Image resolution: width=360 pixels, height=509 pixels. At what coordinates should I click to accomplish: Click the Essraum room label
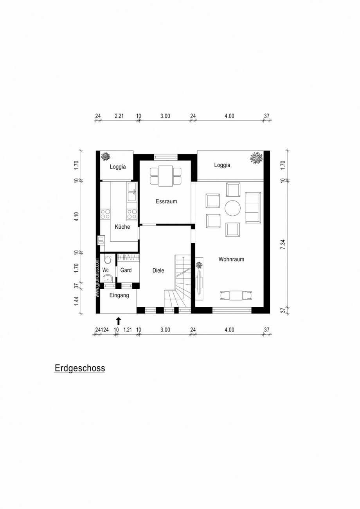166,202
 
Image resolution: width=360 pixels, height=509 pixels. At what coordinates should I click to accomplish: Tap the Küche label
122,227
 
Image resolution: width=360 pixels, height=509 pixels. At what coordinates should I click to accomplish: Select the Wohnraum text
231,259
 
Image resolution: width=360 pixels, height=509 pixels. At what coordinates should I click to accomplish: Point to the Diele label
158,270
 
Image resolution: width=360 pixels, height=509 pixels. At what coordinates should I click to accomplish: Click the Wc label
105,270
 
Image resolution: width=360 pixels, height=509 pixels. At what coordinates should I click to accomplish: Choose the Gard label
126,270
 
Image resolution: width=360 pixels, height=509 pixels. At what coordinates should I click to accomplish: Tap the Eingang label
119,296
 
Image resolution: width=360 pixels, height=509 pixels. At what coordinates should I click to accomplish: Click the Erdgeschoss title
80,368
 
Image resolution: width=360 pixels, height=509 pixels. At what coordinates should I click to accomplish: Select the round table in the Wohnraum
233,208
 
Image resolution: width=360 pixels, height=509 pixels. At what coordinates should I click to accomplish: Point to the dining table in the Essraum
166,176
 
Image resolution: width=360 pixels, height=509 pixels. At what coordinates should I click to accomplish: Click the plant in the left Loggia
106,157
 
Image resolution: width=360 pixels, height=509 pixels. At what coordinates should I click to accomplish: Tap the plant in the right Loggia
256,158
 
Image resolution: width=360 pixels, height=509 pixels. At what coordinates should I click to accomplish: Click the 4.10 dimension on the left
77,217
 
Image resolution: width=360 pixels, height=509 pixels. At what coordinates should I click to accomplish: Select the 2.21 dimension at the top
119,116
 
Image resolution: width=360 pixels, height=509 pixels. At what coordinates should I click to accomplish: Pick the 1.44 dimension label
77,301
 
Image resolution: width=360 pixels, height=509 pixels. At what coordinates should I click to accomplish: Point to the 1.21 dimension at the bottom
127,330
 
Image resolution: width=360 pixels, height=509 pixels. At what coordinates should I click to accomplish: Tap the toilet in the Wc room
108,260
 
